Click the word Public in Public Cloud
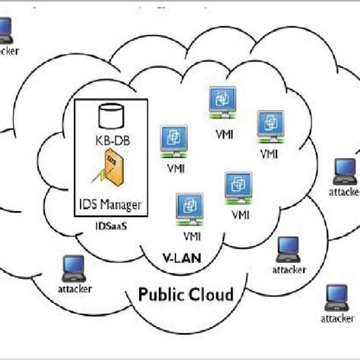[x=164, y=294]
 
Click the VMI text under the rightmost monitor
[x=269, y=154]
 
